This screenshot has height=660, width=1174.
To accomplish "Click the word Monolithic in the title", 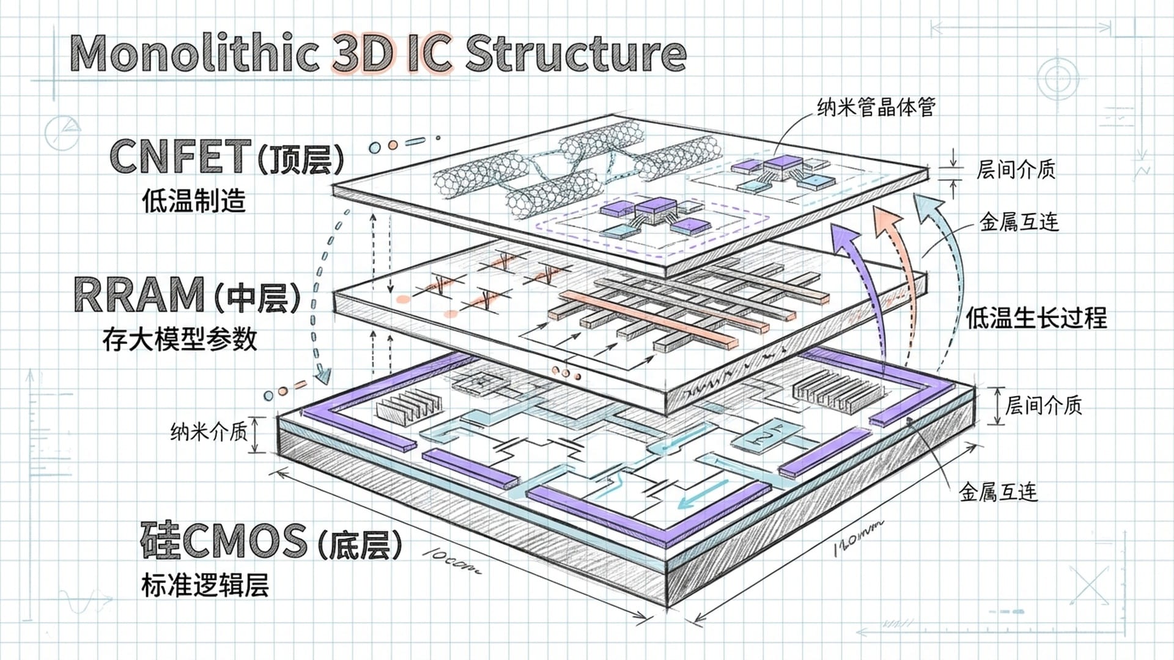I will (x=194, y=54).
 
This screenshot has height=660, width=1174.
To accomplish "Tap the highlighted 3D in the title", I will (x=362, y=54).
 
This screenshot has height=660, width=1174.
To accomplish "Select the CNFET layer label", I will (x=181, y=156).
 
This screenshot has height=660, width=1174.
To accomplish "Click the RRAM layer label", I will (x=139, y=295).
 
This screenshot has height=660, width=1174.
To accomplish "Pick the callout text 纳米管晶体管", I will (x=876, y=108).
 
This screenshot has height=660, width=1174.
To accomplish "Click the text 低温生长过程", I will (x=1036, y=318).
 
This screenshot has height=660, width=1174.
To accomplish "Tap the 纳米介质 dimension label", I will (x=209, y=432).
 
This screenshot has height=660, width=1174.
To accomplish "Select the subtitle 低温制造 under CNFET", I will (x=194, y=200).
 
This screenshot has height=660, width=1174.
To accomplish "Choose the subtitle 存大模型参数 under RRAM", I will (x=180, y=339).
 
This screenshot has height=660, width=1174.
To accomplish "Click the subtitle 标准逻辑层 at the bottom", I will (x=205, y=585).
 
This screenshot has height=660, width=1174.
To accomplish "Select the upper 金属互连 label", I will (x=1019, y=222).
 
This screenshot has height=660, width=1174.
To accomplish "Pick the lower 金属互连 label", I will (x=998, y=491).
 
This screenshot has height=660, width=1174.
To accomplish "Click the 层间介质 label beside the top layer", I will (x=1016, y=169).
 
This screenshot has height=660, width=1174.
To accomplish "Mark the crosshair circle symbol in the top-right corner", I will (x=1058, y=78).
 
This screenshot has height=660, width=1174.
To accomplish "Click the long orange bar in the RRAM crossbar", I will (x=648, y=318).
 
